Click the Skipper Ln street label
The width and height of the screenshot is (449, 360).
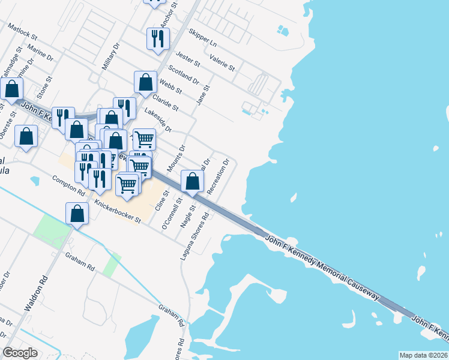202,37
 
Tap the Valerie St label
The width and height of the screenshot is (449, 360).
222,62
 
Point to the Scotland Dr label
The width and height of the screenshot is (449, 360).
184,75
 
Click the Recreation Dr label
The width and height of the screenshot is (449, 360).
218,176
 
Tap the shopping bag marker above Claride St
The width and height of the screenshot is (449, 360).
145,82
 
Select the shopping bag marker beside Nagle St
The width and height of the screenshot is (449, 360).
192,181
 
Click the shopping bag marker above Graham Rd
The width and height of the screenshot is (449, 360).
77,214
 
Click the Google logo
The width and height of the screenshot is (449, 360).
20,353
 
